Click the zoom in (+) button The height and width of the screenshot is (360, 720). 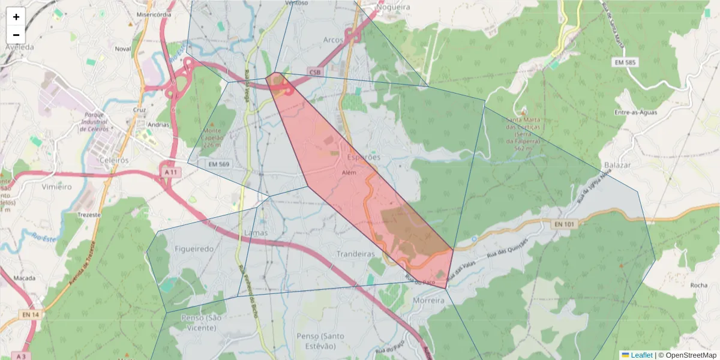coord(16,17)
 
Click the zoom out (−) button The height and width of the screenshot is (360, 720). coord(16,35)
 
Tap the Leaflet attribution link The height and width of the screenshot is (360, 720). coord(641,355)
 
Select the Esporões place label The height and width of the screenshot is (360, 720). coord(364,157)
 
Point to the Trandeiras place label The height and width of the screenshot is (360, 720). coord(356,254)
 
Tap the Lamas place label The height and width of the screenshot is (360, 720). coord(256,233)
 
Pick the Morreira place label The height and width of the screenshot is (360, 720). coord(428,299)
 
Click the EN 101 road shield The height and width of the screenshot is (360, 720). coord(563,224)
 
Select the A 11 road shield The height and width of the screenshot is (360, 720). coord(172,172)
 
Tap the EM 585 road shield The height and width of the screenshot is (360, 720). coord(626,62)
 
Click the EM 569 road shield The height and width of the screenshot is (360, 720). coord(220,164)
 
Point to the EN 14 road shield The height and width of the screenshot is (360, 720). coord(30,314)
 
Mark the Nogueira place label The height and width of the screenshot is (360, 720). coord(393,7)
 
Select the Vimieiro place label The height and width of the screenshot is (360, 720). coord(56,187)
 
